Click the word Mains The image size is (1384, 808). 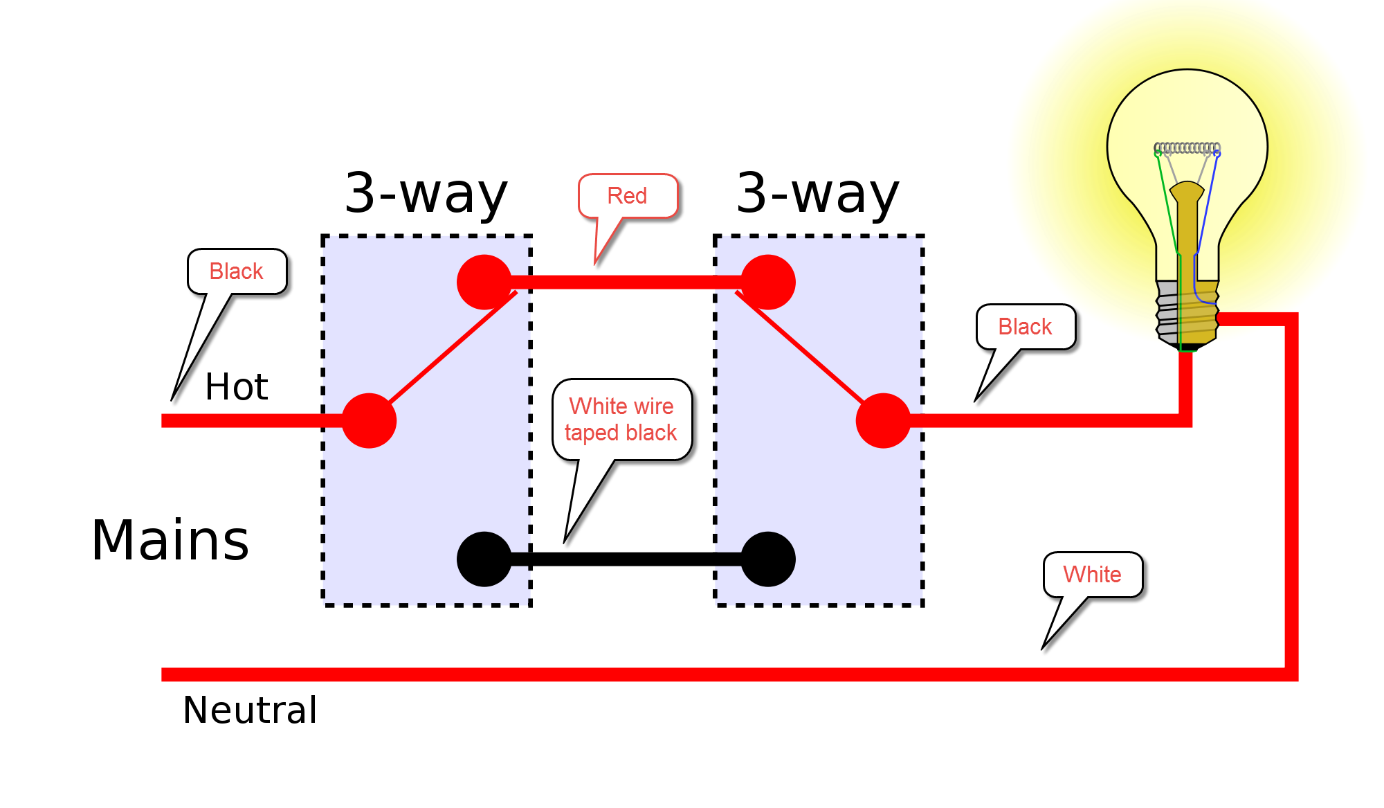(x=170, y=541)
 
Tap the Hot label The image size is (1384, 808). (x=236, y=386)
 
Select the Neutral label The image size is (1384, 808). (x=250, y=710)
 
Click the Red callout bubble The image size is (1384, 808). (x=627, y=196)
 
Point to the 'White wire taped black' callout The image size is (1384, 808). (x=621, y=420)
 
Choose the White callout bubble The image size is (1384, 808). (x=1092, y=575)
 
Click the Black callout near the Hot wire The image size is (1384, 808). (x=236, y=271)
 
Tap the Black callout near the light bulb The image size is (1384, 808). (x=1025, y=327)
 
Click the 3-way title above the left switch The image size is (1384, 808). (x=426, y=194)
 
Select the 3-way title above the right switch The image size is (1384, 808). (x=818, y=194)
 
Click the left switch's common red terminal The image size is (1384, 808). (x=369, y=420)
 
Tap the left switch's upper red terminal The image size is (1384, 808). (x=484, y=282)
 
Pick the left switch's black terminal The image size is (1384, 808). (x=484, y=559)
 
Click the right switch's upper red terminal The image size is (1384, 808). (x=768, y=282)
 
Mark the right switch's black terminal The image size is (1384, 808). (x=768, y=559)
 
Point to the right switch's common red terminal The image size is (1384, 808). (x=883, y=420)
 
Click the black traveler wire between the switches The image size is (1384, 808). (x=626, y=559)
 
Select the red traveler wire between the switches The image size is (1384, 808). (x=626, y=282)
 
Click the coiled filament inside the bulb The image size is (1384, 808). (x=1187, y=147)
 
